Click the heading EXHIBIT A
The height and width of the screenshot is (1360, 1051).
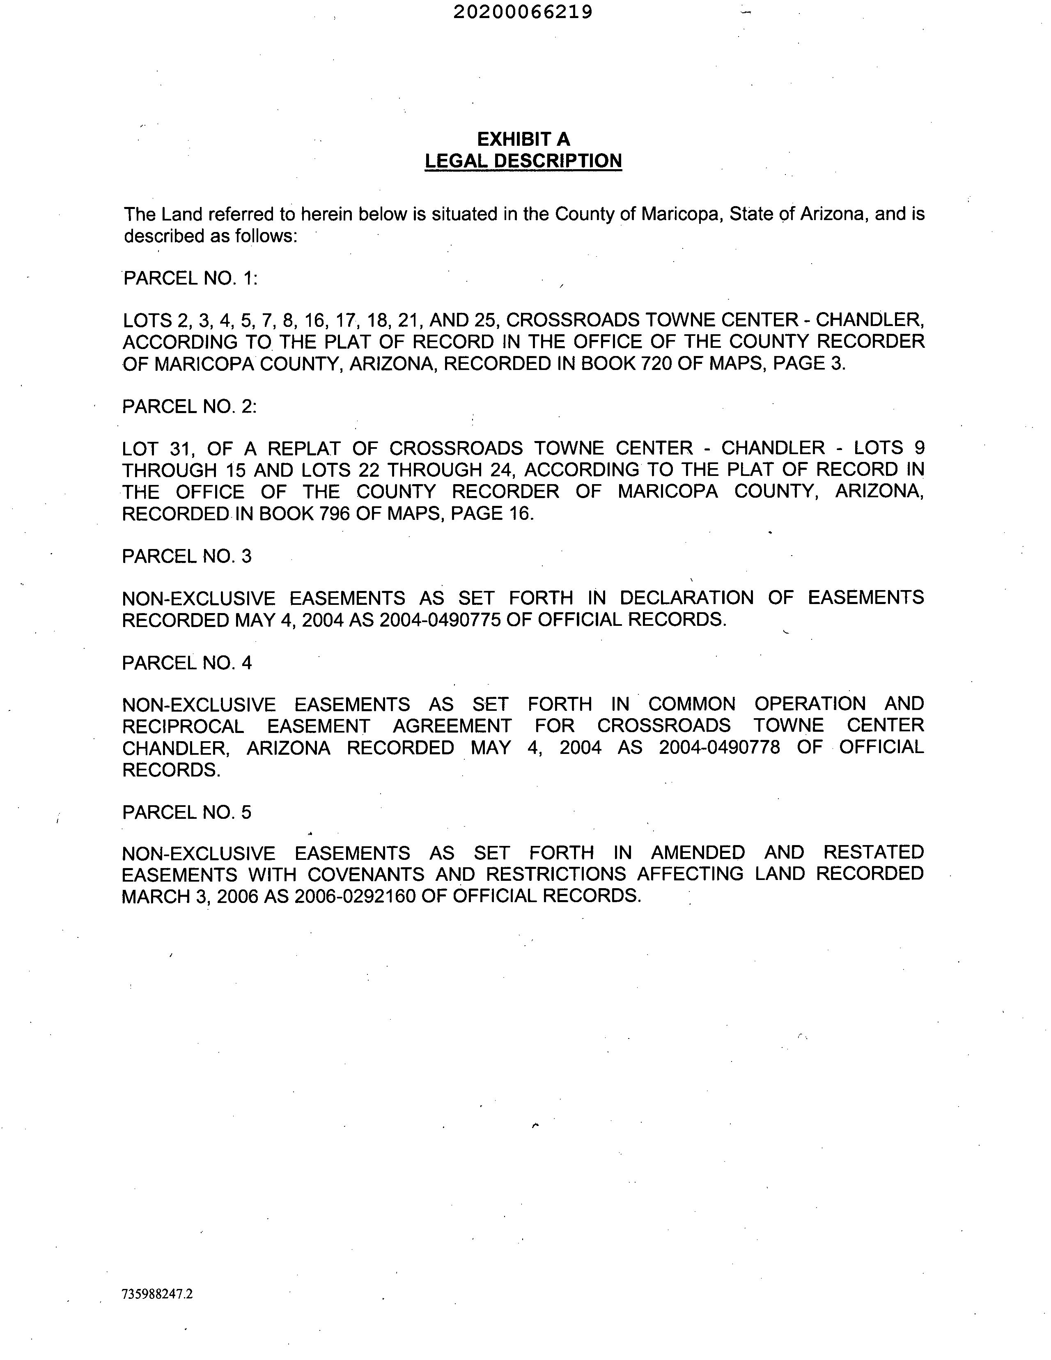pos(523,139)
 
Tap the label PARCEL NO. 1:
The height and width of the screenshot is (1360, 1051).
pos(190,278)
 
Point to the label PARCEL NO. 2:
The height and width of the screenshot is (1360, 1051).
pos(189,407)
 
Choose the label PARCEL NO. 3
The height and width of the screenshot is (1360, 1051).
pos(187,556)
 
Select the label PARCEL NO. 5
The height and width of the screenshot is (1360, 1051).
pos(187,812)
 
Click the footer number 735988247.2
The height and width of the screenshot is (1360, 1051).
pos(158,1294)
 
